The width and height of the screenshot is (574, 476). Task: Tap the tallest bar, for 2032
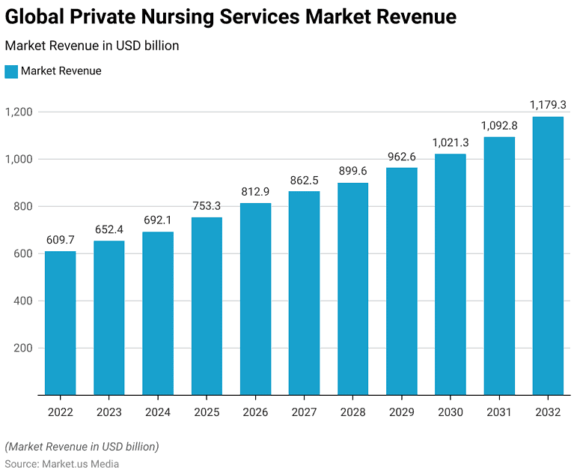pos(548,255)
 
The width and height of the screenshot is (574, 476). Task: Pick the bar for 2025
pos(207,306)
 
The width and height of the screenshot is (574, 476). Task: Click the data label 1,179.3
pos(548,104)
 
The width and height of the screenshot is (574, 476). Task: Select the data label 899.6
pos(352,170)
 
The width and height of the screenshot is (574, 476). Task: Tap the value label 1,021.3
pos(450,142)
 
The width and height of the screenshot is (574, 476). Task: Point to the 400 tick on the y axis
pos(23,301)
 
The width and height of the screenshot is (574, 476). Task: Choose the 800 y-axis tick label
pos(23,207)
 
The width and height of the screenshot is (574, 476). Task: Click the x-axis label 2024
pos(157,412)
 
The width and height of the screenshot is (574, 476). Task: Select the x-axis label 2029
pos(401,412)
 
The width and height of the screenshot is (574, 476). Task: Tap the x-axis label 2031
pos(498,412)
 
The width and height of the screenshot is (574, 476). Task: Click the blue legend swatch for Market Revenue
pos(11,71)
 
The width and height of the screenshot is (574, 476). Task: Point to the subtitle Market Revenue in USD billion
pos(92,46)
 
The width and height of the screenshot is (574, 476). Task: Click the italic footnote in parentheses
pos(82,447)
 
